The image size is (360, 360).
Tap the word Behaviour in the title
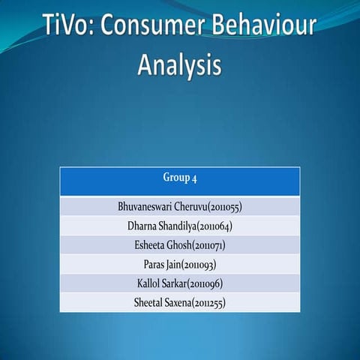pyautogui.click(x=262, y=28)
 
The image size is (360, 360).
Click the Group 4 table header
pyautogui.click(x=180, y=178)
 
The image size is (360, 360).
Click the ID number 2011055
pyautogui.click(x=224, y=206)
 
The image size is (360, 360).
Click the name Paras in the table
pyautogui.click(x=155, y=265)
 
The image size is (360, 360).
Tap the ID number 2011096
pyautogui.click(x=207, y=284)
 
